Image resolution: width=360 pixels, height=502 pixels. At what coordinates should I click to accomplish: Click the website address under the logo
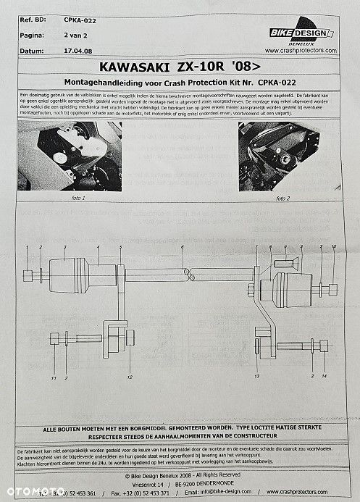coord(301,51)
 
